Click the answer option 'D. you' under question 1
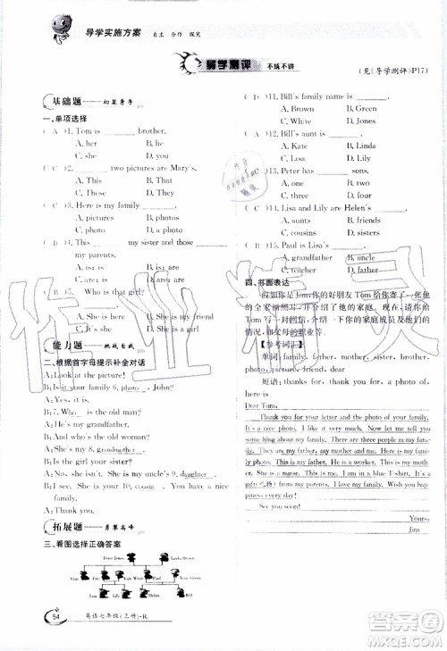click(x=157, y=155)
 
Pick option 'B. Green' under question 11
click(x=361, y=108)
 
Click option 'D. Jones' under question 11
click(x=360, y=121)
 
